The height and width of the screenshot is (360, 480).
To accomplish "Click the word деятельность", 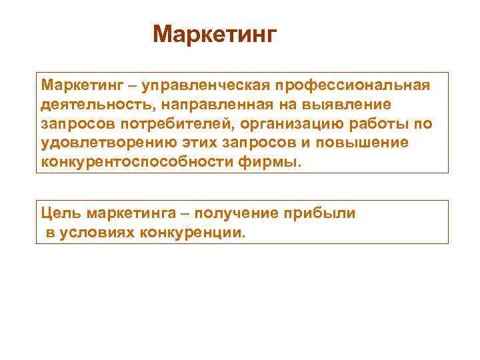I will click(86, 105).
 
